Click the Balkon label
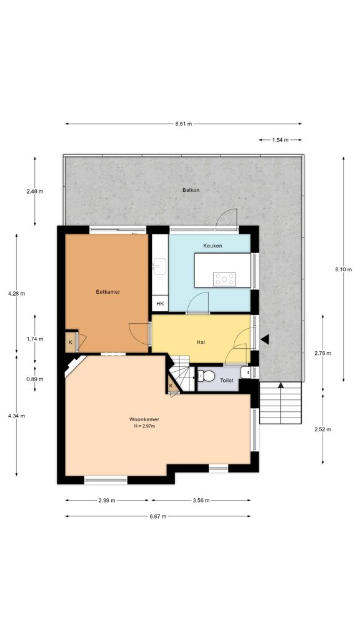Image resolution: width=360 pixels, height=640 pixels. [191, 190]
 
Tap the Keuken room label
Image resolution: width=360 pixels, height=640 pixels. [212, 246]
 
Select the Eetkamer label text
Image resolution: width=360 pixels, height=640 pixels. [107, 292]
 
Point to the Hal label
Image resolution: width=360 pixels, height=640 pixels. [201, 342]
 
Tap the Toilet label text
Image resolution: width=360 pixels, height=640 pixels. [227, 379]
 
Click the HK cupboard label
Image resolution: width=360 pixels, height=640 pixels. [160, 304]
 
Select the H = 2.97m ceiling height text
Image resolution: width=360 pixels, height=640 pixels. [144, 426]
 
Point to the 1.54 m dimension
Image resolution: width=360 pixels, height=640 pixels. [281, 140]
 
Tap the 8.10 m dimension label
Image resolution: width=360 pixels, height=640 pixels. [343, 269]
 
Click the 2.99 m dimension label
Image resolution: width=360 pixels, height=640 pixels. [107, 500]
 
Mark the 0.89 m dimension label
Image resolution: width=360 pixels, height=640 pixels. [35, 379]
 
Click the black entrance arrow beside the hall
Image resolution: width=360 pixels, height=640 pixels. [265, 339]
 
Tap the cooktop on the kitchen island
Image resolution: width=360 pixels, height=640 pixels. [224, 278]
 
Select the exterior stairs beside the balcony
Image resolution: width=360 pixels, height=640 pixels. [281, 403]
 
